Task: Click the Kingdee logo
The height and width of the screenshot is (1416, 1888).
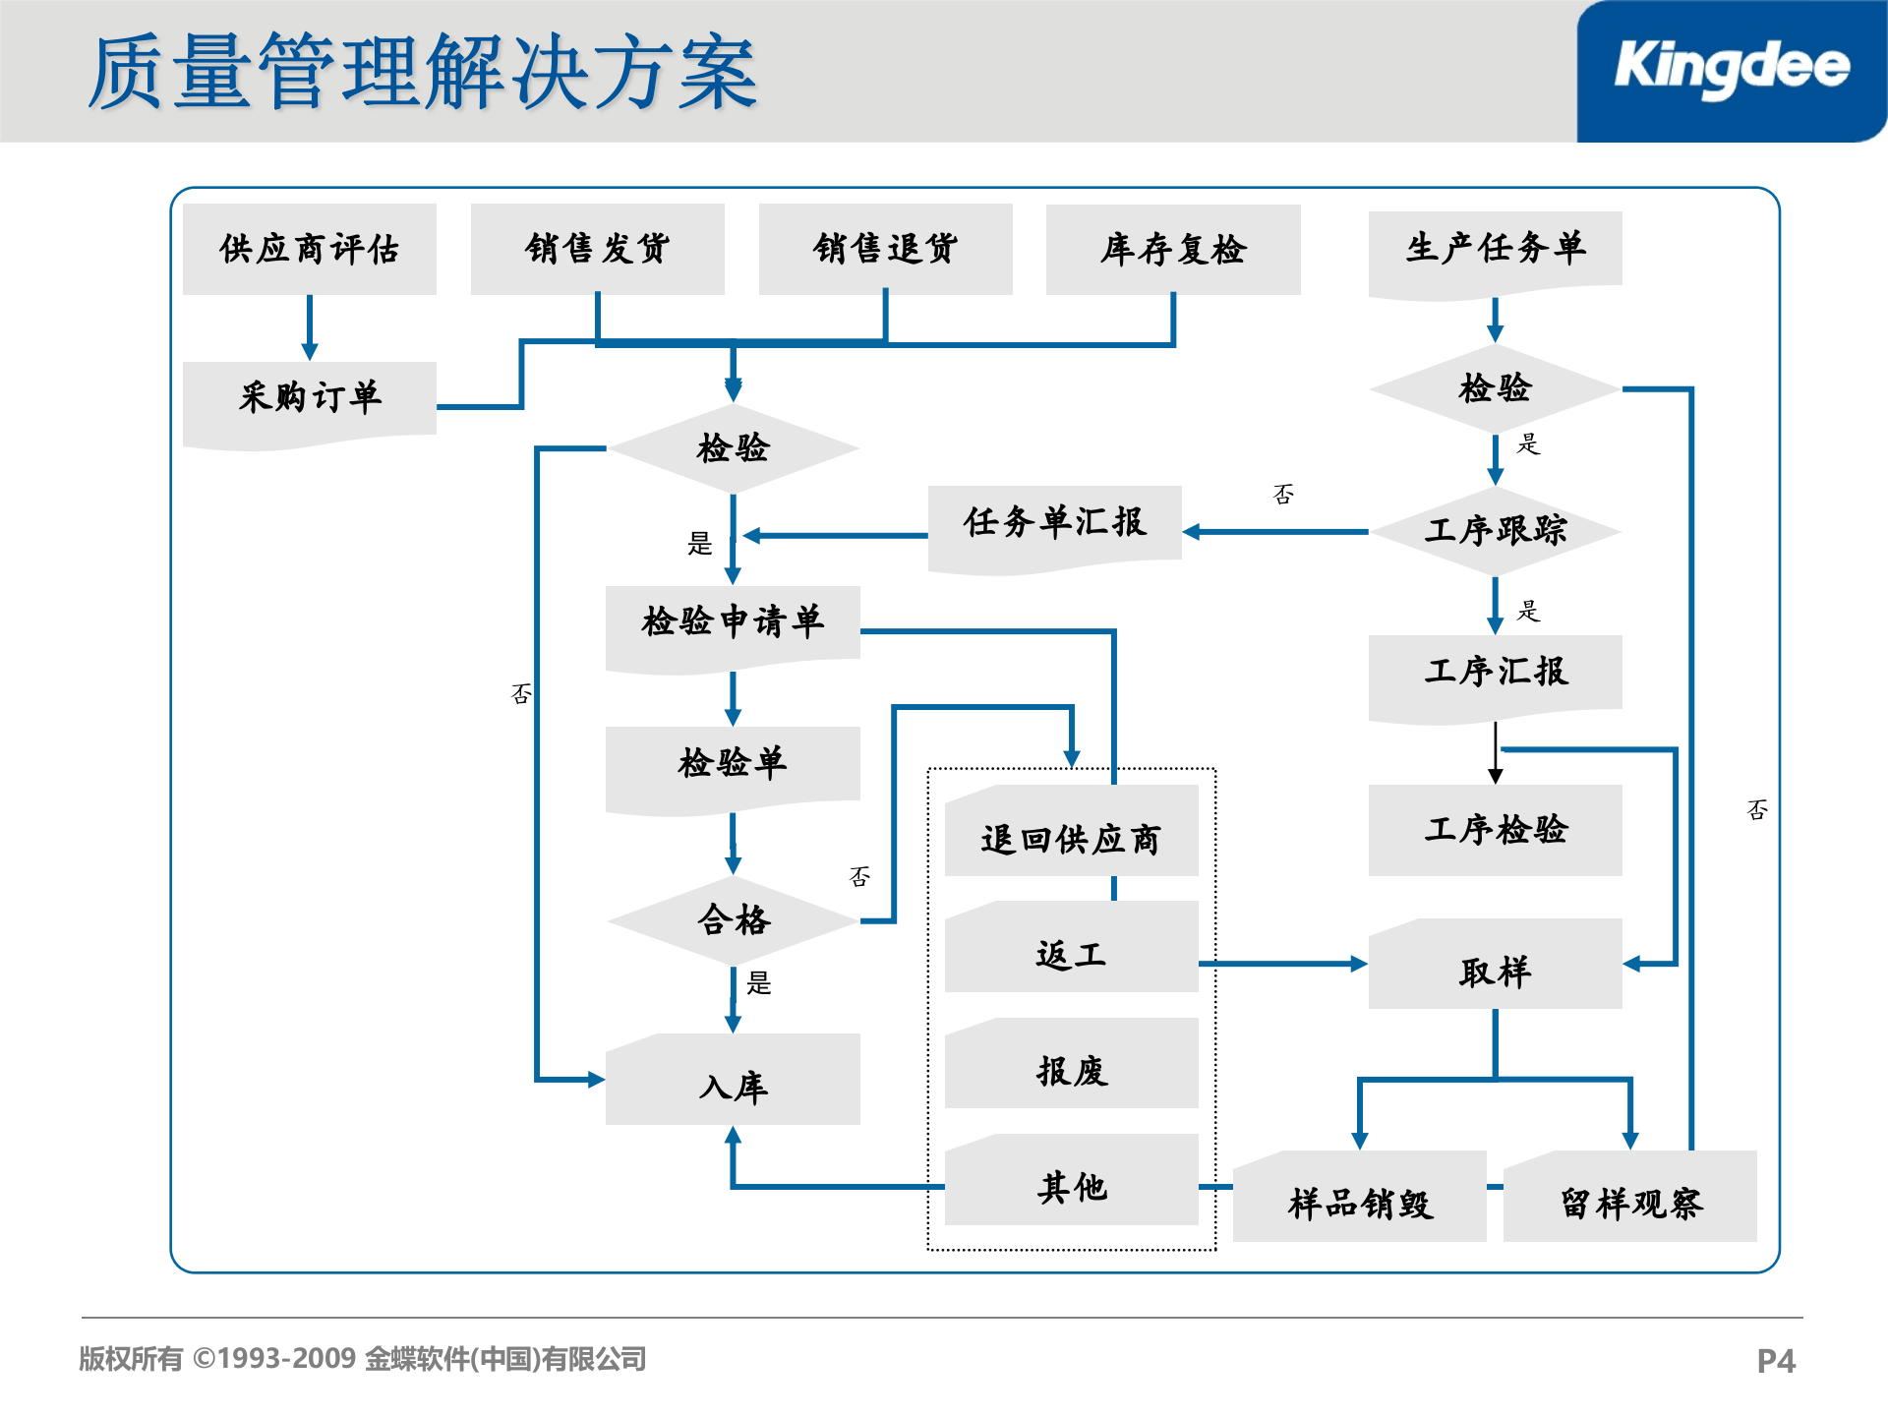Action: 1731,69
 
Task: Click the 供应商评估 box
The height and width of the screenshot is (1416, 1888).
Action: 309,249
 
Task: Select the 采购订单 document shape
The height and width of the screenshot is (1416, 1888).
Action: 309,398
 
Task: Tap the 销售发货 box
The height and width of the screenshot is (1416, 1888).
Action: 597,249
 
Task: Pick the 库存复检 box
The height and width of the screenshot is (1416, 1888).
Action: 1172,250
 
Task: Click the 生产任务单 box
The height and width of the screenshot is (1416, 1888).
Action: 1495,249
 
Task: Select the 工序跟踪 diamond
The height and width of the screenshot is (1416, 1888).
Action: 1495,531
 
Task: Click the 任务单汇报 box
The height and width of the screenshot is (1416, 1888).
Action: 1054,523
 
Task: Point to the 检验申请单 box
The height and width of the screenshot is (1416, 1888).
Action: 733,622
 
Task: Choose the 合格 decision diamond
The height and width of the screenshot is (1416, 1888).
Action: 733,920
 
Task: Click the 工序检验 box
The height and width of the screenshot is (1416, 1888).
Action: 1495,830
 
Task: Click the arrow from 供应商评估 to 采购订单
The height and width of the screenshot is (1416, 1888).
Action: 309,327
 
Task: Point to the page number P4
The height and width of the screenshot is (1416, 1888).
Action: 1775,1361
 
